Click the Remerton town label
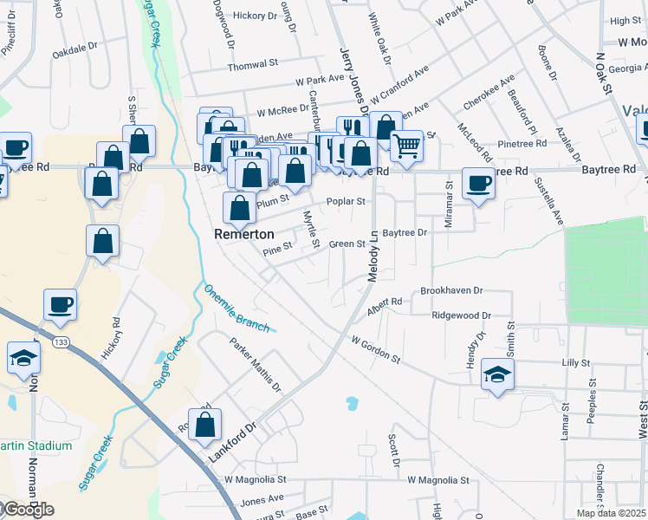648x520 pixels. (x=244, y=234)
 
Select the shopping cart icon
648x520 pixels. (x=406, y=146)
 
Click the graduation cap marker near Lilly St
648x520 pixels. (x=497, y=374)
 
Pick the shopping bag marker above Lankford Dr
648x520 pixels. (x=205, y=425)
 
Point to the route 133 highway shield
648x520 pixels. (x=60, y=343)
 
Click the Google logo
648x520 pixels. (x=28, y=510)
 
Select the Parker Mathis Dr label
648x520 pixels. (x=256, y=363)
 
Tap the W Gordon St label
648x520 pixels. (x=375, y=349)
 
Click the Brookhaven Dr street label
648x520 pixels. (x=451, y=291)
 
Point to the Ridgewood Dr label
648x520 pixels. (x=462, y=316)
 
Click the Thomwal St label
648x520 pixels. (x=252, y=65)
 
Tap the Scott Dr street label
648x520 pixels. (x=393, y=446)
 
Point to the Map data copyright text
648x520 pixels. (x=612, y=513)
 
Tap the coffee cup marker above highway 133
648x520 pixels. (x=61, y=304)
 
